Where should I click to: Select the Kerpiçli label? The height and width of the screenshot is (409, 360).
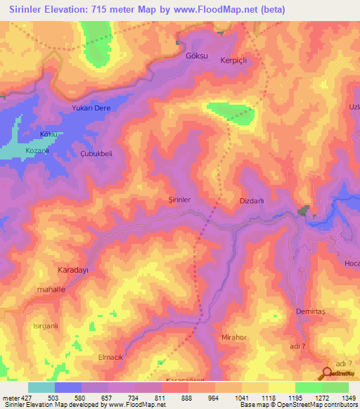[x=236, y=60]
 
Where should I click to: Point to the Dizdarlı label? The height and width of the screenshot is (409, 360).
[x=251, y=201]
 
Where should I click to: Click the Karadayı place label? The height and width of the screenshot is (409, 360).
[x=72, y=269]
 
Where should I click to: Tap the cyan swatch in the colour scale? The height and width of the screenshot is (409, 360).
[x=41, y=387]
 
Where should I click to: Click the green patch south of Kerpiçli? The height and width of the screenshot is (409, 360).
[x=231, y=112]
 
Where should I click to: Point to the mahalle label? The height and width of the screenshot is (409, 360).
[x=50, y=289]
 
